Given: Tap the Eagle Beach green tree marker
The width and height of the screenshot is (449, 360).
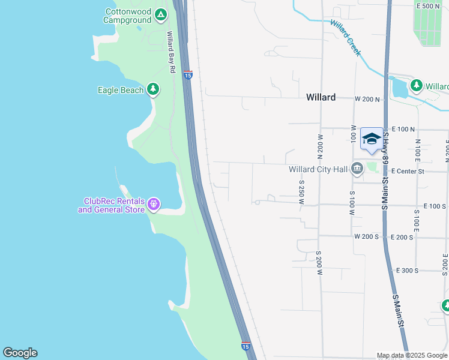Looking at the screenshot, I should (153, 90).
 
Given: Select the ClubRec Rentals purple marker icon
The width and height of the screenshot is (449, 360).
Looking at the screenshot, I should (154, 205).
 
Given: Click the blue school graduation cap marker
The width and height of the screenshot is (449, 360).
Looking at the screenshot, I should (372, 139).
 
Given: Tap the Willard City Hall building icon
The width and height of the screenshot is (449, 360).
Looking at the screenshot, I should (357, 169).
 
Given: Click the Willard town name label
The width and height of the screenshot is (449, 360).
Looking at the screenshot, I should (321, 97).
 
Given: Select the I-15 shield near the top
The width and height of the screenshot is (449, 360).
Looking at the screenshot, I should (188, 75).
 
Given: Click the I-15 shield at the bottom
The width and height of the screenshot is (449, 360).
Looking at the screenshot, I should (246, 346).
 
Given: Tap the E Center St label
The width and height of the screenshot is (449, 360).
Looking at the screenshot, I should (408, 172).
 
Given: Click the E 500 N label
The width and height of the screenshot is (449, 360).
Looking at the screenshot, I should (428, 6).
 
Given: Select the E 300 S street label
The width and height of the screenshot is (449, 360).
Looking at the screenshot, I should (407, 271).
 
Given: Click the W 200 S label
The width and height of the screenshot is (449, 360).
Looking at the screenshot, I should (367, 237).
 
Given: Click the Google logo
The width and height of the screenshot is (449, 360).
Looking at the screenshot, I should (20, 353).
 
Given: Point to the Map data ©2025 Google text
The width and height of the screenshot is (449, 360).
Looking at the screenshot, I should (412, 355).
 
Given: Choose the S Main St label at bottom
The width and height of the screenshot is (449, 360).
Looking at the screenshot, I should (398, 311).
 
